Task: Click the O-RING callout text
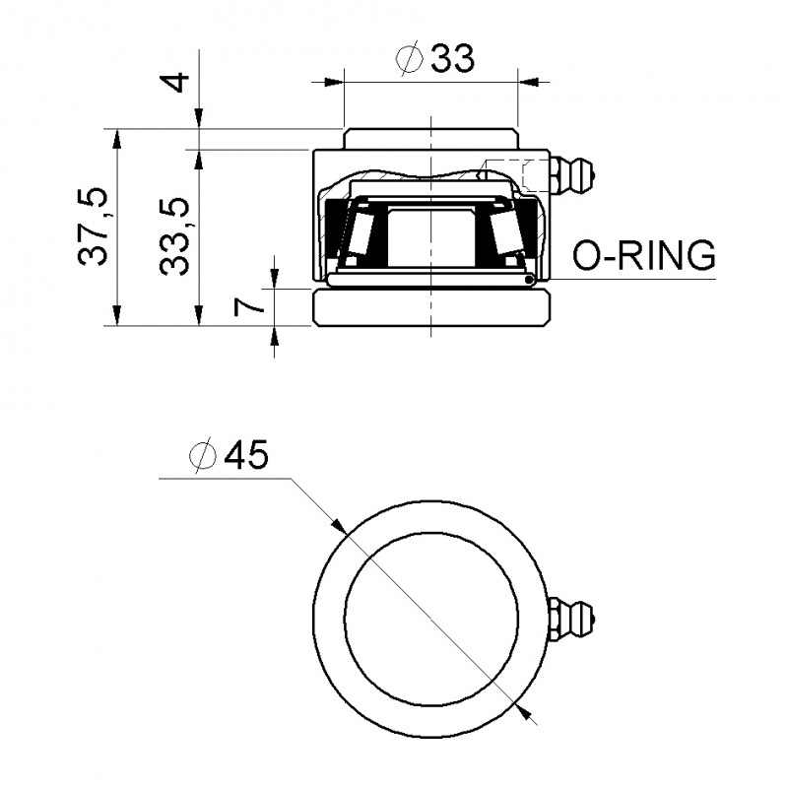644,256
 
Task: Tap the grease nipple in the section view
572,176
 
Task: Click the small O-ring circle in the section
531,281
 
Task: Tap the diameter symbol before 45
202,456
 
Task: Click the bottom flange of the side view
431,308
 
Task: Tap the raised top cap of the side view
431,139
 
